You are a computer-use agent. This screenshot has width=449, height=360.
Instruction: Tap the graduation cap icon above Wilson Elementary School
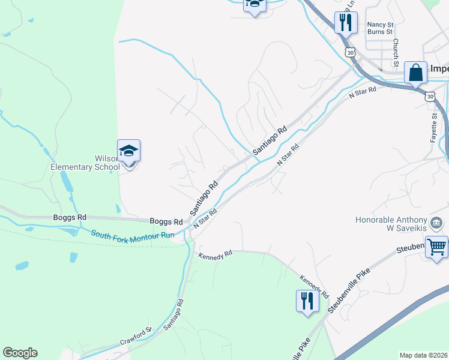[x=128, y=151]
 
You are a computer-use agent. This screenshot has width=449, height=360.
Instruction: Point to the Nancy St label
[x=379, y=25]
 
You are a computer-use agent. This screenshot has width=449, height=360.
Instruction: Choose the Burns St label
[x=379, y=32]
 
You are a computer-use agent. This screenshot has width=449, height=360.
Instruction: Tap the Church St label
[x=396, y=53]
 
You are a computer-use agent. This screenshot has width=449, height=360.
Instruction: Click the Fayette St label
[x=433, y=127]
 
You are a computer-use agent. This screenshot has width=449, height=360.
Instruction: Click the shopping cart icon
[x=436, y=246]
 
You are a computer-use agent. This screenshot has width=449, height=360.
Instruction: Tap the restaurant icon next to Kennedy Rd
[x=307, y=300]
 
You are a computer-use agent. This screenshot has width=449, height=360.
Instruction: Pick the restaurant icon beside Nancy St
[x=345, y=23]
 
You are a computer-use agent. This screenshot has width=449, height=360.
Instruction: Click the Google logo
[x=20, y=353]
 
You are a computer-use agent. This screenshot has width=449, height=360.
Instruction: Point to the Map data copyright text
[x=424, y=355]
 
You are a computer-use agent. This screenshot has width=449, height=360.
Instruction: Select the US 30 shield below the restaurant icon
[x=350, y=53]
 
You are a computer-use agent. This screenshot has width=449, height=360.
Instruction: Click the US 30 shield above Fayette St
[x=430, y=95]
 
